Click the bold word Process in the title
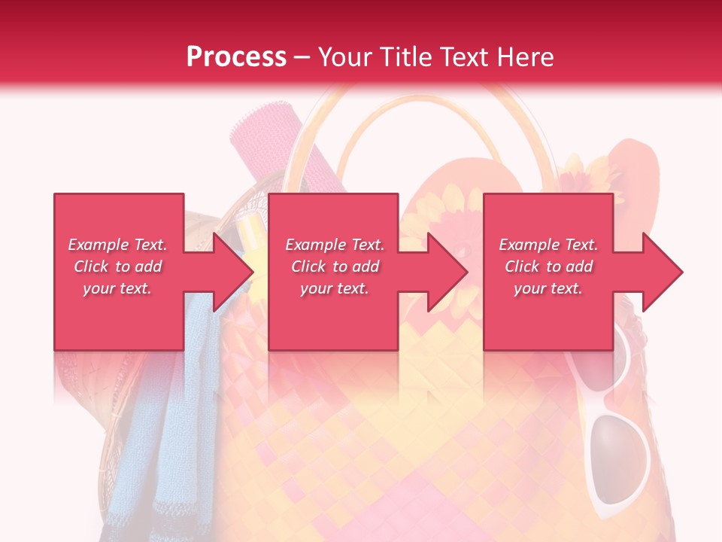coord(236,57)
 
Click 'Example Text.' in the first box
coord(117,245)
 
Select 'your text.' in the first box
coord(117,288)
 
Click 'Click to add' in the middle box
coord(335,266)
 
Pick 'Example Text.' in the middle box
coord(335,245)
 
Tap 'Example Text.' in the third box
coord(548,245)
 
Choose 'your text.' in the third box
coord(548,288)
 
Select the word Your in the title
coord(345,57)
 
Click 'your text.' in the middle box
coord(335,288)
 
